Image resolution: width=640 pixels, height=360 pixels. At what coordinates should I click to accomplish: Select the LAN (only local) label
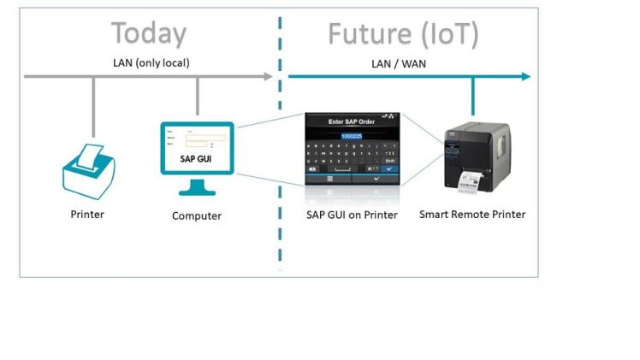[x=151, y=62]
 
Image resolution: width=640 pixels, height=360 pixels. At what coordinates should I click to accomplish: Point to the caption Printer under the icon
[x=87, y=214]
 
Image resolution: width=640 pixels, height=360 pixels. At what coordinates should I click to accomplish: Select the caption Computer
[x=197, y=215]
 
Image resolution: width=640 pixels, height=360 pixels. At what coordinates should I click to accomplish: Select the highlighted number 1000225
[x=353, y=135]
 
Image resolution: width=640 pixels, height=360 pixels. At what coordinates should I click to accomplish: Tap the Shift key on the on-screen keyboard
[x=389, y=160]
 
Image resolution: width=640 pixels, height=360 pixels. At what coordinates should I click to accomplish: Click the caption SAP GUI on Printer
[x=352, y=215]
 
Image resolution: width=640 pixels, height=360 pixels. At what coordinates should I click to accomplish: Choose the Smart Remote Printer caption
[x=472, y=214]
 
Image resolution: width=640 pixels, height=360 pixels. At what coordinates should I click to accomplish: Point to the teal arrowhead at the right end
[x=524, y=77]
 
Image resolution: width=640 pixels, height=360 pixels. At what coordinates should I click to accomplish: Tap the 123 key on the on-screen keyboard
[x=389, y=152]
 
